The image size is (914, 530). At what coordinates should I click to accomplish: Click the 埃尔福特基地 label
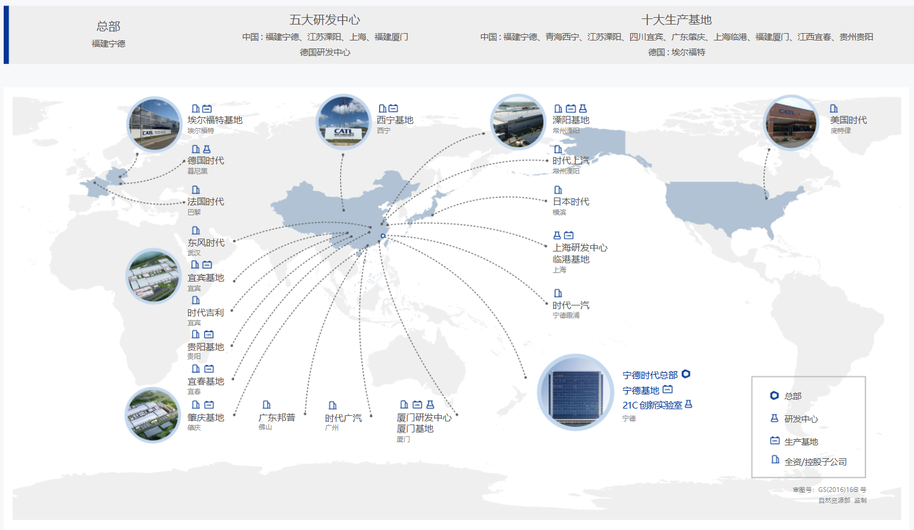tap(215, 120)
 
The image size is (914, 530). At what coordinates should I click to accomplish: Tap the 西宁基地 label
tap(395, 120)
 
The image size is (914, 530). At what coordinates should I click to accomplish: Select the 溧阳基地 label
tap(571, 120)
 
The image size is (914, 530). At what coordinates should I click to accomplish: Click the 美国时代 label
tap(848, 120)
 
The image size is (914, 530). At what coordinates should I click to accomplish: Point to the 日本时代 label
tap(571, 202)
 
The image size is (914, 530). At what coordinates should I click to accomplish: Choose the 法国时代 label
tap(205, 202)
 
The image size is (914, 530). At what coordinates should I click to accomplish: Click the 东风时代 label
tap(206, 243)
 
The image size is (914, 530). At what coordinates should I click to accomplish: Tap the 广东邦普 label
tap(276, 417)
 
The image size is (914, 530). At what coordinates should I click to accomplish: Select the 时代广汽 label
tap(343, 418)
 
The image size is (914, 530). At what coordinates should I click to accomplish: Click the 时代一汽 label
tap(571, 305)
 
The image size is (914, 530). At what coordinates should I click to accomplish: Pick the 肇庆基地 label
tap(205, 418)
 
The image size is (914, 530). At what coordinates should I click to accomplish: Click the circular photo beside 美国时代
tap(791, 123)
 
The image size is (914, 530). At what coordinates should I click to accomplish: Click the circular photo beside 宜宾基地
tap(153, 276)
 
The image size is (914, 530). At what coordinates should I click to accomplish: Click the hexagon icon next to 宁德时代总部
tap(686, 374)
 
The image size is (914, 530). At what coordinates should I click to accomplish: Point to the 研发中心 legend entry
tap(801, 419)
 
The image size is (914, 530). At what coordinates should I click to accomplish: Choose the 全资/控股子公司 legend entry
tap(815, 462)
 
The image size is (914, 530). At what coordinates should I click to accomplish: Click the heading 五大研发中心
tap(325, 20)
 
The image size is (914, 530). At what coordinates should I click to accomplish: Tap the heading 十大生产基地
tap(676, 20)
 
